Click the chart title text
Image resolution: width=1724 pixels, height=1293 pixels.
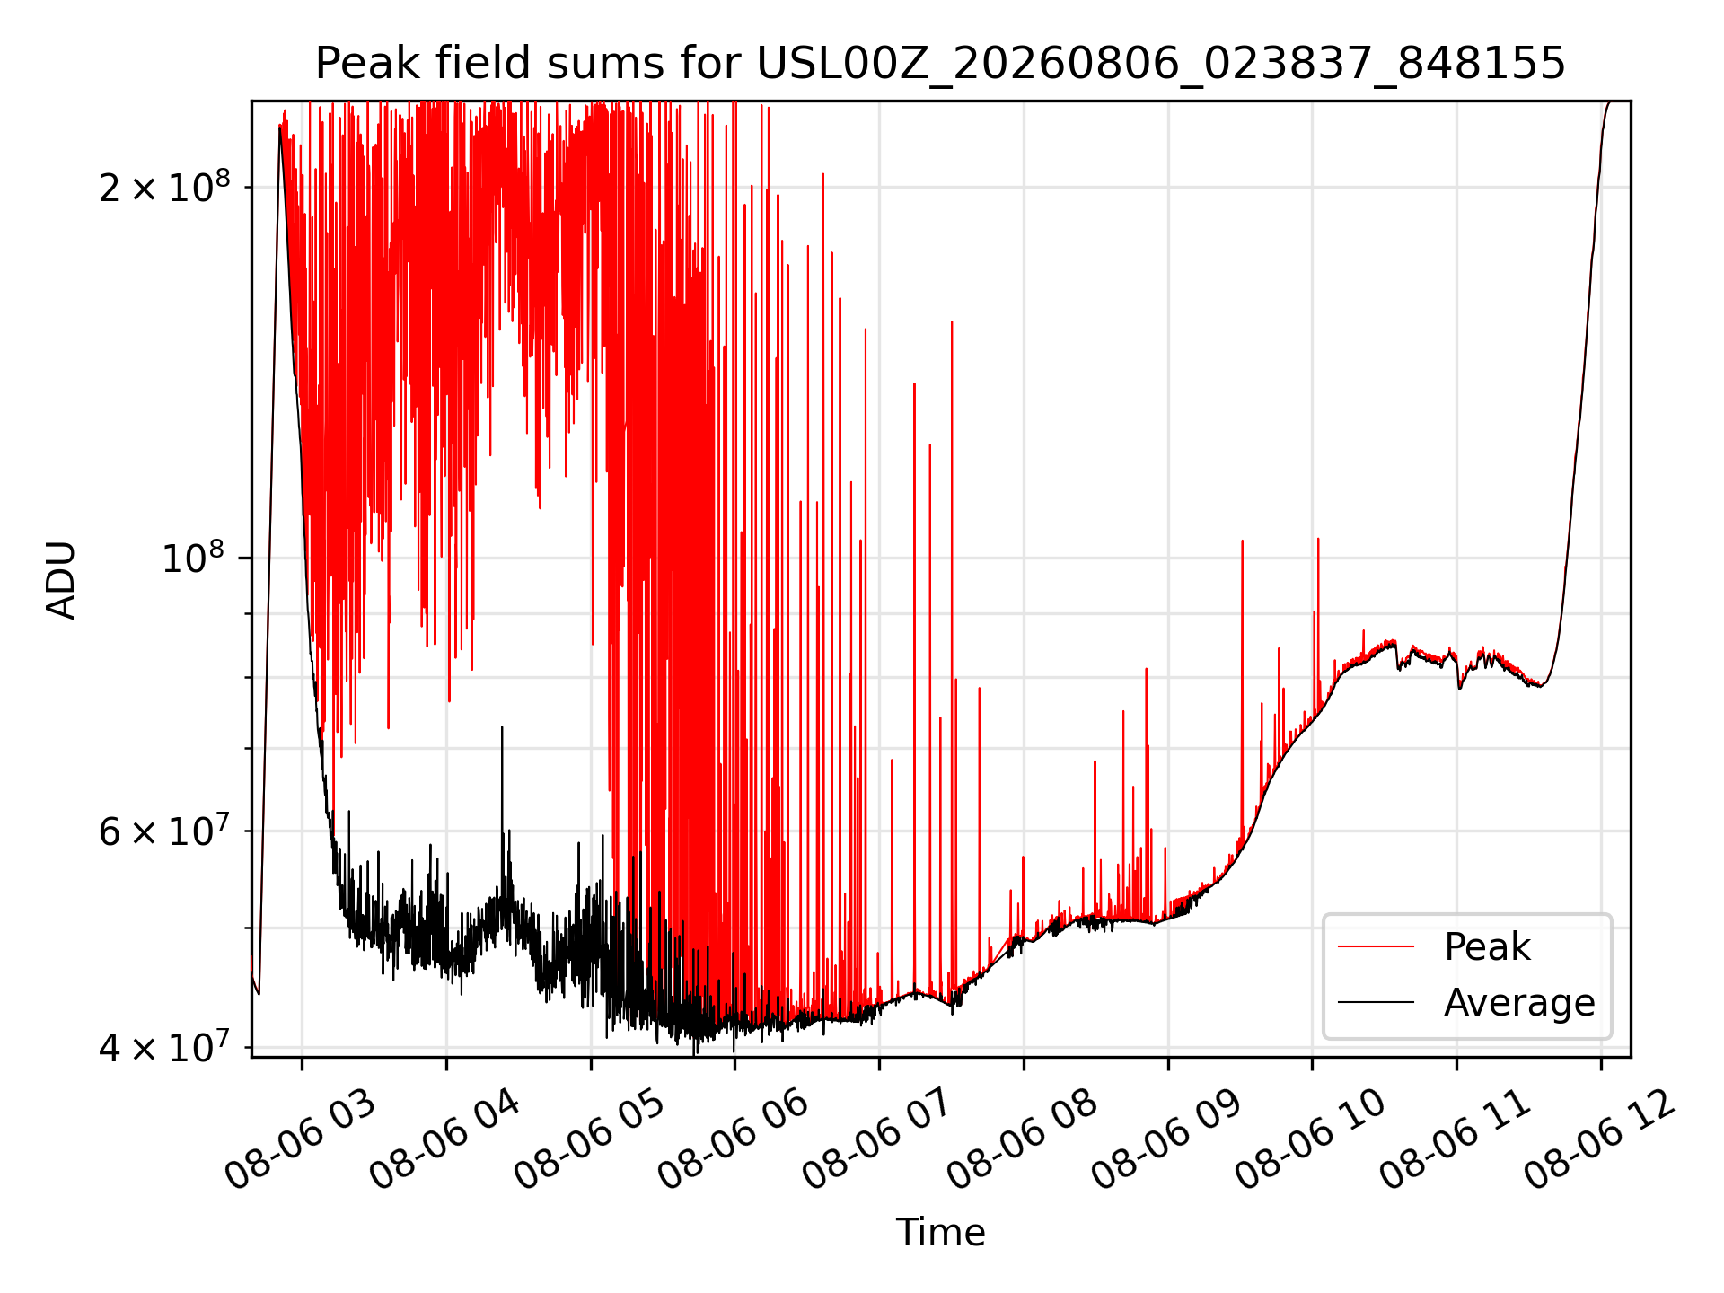coord(940,64)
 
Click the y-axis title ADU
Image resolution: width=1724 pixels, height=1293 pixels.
coord(61,579)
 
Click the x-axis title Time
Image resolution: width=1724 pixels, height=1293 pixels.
coord(940,1232)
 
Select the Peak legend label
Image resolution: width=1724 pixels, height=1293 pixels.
coord(1487,946)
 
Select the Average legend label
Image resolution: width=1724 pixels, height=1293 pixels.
coord(1519,1002)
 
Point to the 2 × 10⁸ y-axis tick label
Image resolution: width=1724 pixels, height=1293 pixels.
coord(164,187)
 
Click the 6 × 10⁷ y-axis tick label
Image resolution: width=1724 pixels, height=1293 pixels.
coord(164,831)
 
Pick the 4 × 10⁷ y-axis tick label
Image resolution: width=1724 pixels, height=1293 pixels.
coord(164,1046)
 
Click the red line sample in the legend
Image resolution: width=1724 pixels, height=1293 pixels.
coord(1376,946)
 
